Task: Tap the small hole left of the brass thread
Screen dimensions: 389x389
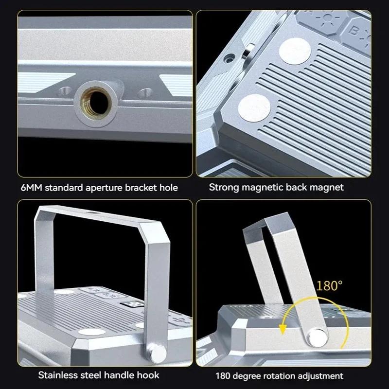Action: pos(63,91)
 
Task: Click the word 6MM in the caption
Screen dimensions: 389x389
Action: pos(32,187)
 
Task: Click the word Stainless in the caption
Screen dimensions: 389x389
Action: pos(57,375)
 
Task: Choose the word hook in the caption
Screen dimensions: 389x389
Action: pos(149,375)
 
